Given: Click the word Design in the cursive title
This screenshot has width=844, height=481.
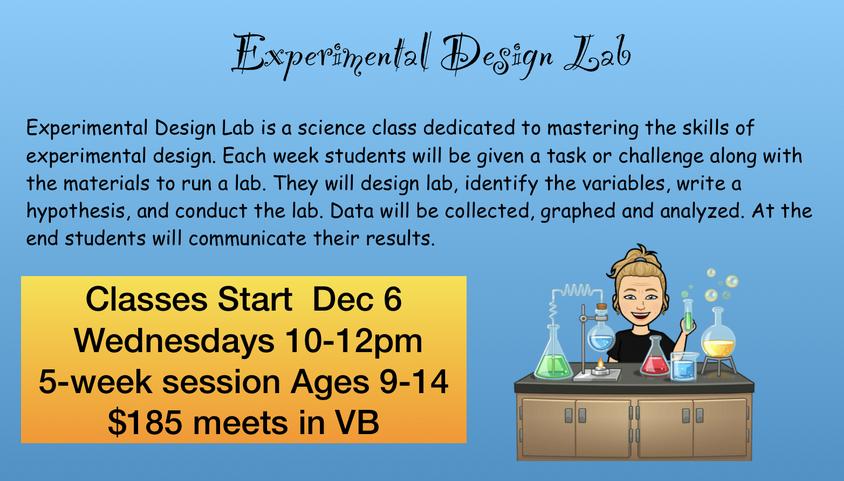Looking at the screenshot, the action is (x=497, y=56).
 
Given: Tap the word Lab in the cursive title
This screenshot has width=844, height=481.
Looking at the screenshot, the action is (x=598, y=54).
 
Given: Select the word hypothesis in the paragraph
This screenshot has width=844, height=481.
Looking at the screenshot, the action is (x=78, y=211).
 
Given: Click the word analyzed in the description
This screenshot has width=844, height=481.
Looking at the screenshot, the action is (x=703, y=211).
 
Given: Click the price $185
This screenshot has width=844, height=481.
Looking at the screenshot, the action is (x=145, y=422).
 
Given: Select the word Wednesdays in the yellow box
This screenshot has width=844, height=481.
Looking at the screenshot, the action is (x=173, y=341).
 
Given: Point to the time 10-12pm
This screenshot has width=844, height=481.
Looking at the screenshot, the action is (x=354, y=342).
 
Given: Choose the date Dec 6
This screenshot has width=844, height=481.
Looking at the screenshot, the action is (x=357, y=299).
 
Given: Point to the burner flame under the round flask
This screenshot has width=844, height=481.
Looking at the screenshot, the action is (x=601, y=364).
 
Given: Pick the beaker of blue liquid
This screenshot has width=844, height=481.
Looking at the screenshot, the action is (x=684, y=366).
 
